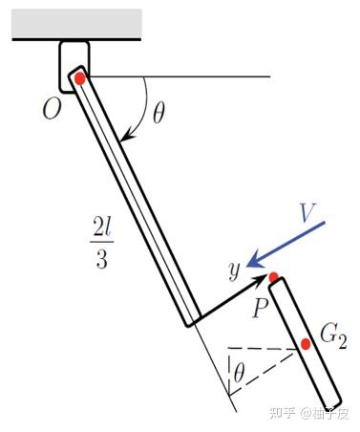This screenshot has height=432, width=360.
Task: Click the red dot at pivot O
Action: [x=79, y=78]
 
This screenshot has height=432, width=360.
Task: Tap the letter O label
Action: [x=52, y=110]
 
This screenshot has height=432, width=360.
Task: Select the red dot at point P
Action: [x=274, y=277]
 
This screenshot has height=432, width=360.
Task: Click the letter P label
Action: [x=260, y=308]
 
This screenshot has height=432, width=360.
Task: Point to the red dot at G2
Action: [x=306, y=344]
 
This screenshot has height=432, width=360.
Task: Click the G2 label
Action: [x=333, y=337]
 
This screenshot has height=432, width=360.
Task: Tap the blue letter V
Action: [x=307, y=212]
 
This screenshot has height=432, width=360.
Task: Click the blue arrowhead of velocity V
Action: [x=254, y=262]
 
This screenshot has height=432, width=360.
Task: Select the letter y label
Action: [x=234, y=271]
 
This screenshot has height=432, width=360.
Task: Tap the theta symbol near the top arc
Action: [x=159, y=113]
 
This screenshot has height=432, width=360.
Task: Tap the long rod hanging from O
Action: [x=135, y=196]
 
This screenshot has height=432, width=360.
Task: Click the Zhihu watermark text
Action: [x=308, y=413]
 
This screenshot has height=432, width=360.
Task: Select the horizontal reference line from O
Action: [x=180, y=76]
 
